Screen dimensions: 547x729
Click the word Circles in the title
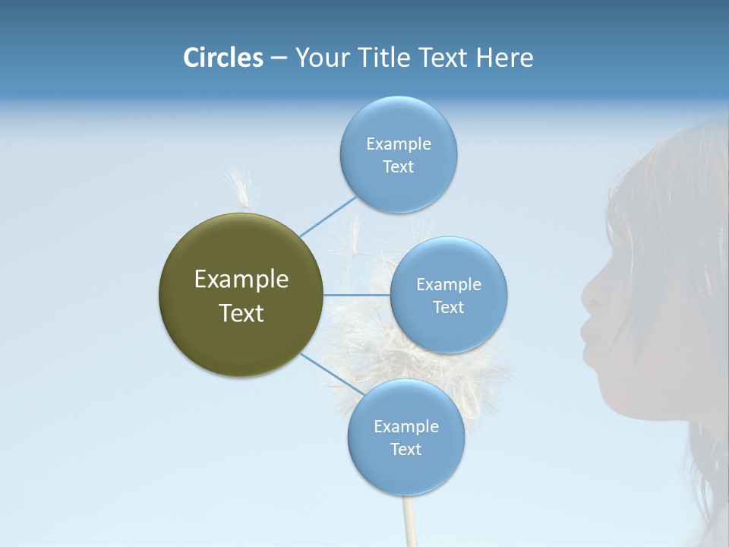pos(222,58)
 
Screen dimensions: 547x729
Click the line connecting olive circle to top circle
pos(328,217)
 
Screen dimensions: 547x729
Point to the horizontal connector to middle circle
pos(356,295)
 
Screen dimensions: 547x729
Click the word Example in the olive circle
pos(241,280)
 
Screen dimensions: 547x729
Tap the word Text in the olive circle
pos(241,313)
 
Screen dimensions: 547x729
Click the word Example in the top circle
pos(399,144)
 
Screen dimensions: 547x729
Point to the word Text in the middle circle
pos(448,308)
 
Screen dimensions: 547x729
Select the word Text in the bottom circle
pos(406,450)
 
